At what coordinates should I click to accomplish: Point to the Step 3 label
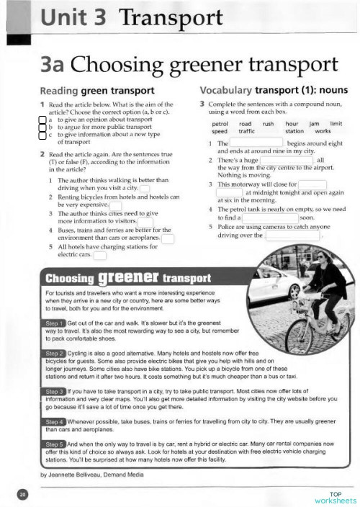(55, 391)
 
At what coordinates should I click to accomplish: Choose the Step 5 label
(55, 444)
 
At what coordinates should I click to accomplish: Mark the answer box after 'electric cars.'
(100, 254)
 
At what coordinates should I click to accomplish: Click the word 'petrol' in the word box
(220, 124)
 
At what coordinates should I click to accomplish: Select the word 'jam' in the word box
(313, 124)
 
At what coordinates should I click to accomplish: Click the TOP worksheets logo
(335, 496)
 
